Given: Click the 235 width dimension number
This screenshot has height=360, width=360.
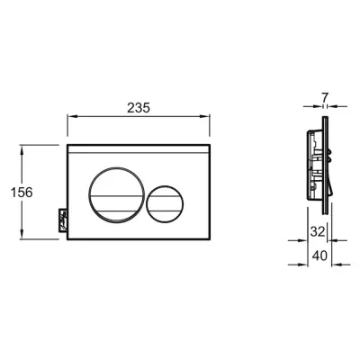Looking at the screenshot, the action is [x=139, y=108].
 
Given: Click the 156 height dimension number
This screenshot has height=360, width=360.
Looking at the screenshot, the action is [x=22, y=193].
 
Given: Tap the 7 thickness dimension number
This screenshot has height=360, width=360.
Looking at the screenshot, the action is [x=325, y=97].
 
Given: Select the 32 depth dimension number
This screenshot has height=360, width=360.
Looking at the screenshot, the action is [x=318, y=231].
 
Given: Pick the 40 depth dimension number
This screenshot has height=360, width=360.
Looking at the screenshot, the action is [x=319, y=256].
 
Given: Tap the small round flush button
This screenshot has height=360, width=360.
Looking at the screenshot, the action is [x=165, y=204].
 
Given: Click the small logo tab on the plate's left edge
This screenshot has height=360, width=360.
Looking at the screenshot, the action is [x=63, y=220].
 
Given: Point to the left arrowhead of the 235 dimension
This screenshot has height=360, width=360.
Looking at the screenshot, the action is [x=71, y=117].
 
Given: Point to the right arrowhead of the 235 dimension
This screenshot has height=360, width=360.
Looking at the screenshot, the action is [x=205, y=117].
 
